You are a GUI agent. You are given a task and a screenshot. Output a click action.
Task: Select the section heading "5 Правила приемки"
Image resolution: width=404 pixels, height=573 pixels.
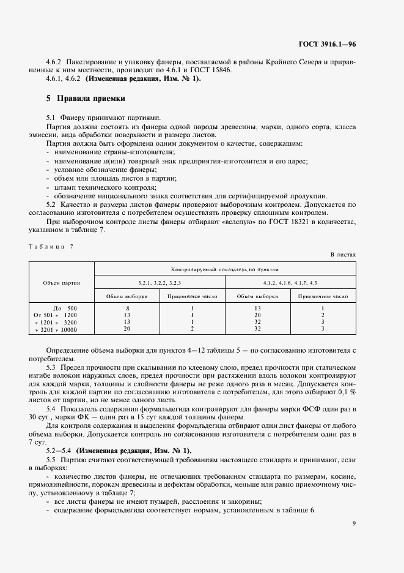(86, 98)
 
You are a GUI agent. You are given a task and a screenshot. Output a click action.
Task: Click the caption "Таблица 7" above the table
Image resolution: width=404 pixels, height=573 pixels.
(51, 246)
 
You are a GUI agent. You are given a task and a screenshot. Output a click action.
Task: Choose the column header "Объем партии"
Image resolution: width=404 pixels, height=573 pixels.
(62, 282)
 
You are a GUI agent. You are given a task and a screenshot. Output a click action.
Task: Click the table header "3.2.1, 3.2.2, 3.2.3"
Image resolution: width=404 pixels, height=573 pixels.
(159, 282)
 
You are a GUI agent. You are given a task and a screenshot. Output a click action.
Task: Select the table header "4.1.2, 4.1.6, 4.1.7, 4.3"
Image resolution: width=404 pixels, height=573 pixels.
(290, 282)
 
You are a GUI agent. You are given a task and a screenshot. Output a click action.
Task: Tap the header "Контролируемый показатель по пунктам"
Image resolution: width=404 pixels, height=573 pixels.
(224, 269)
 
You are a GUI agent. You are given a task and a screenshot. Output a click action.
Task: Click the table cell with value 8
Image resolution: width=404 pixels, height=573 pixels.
(127, 308)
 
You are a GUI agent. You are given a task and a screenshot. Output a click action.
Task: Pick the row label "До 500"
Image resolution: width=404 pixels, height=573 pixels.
(65, 308)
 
